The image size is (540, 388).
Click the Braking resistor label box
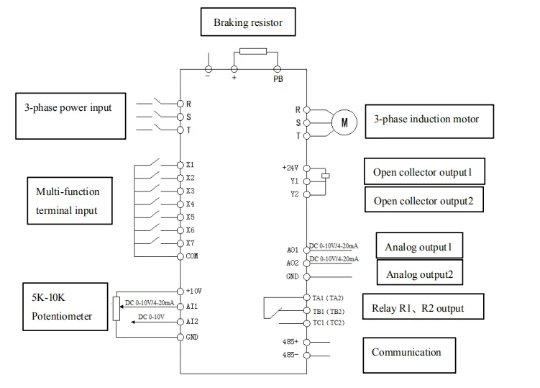tap(247, 22)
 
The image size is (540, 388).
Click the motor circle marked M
tap(344, 122)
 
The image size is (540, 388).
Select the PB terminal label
tap(278, 79)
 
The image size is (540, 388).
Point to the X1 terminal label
tap(190, 164)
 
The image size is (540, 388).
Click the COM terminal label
tap(191, 256)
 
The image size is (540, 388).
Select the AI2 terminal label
tap(191, 321)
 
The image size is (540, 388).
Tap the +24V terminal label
tap(290, 167)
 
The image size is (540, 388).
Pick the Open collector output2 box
tap(424, 201)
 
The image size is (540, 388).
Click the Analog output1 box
tap(419, 247)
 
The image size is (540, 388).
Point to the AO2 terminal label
tap(293, 263)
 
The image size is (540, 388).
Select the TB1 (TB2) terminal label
tap(329, 311)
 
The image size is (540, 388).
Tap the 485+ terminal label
tap(290, 342)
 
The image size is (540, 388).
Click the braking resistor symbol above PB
tap(252, 52)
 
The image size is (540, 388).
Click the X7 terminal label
tap(190, 243)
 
